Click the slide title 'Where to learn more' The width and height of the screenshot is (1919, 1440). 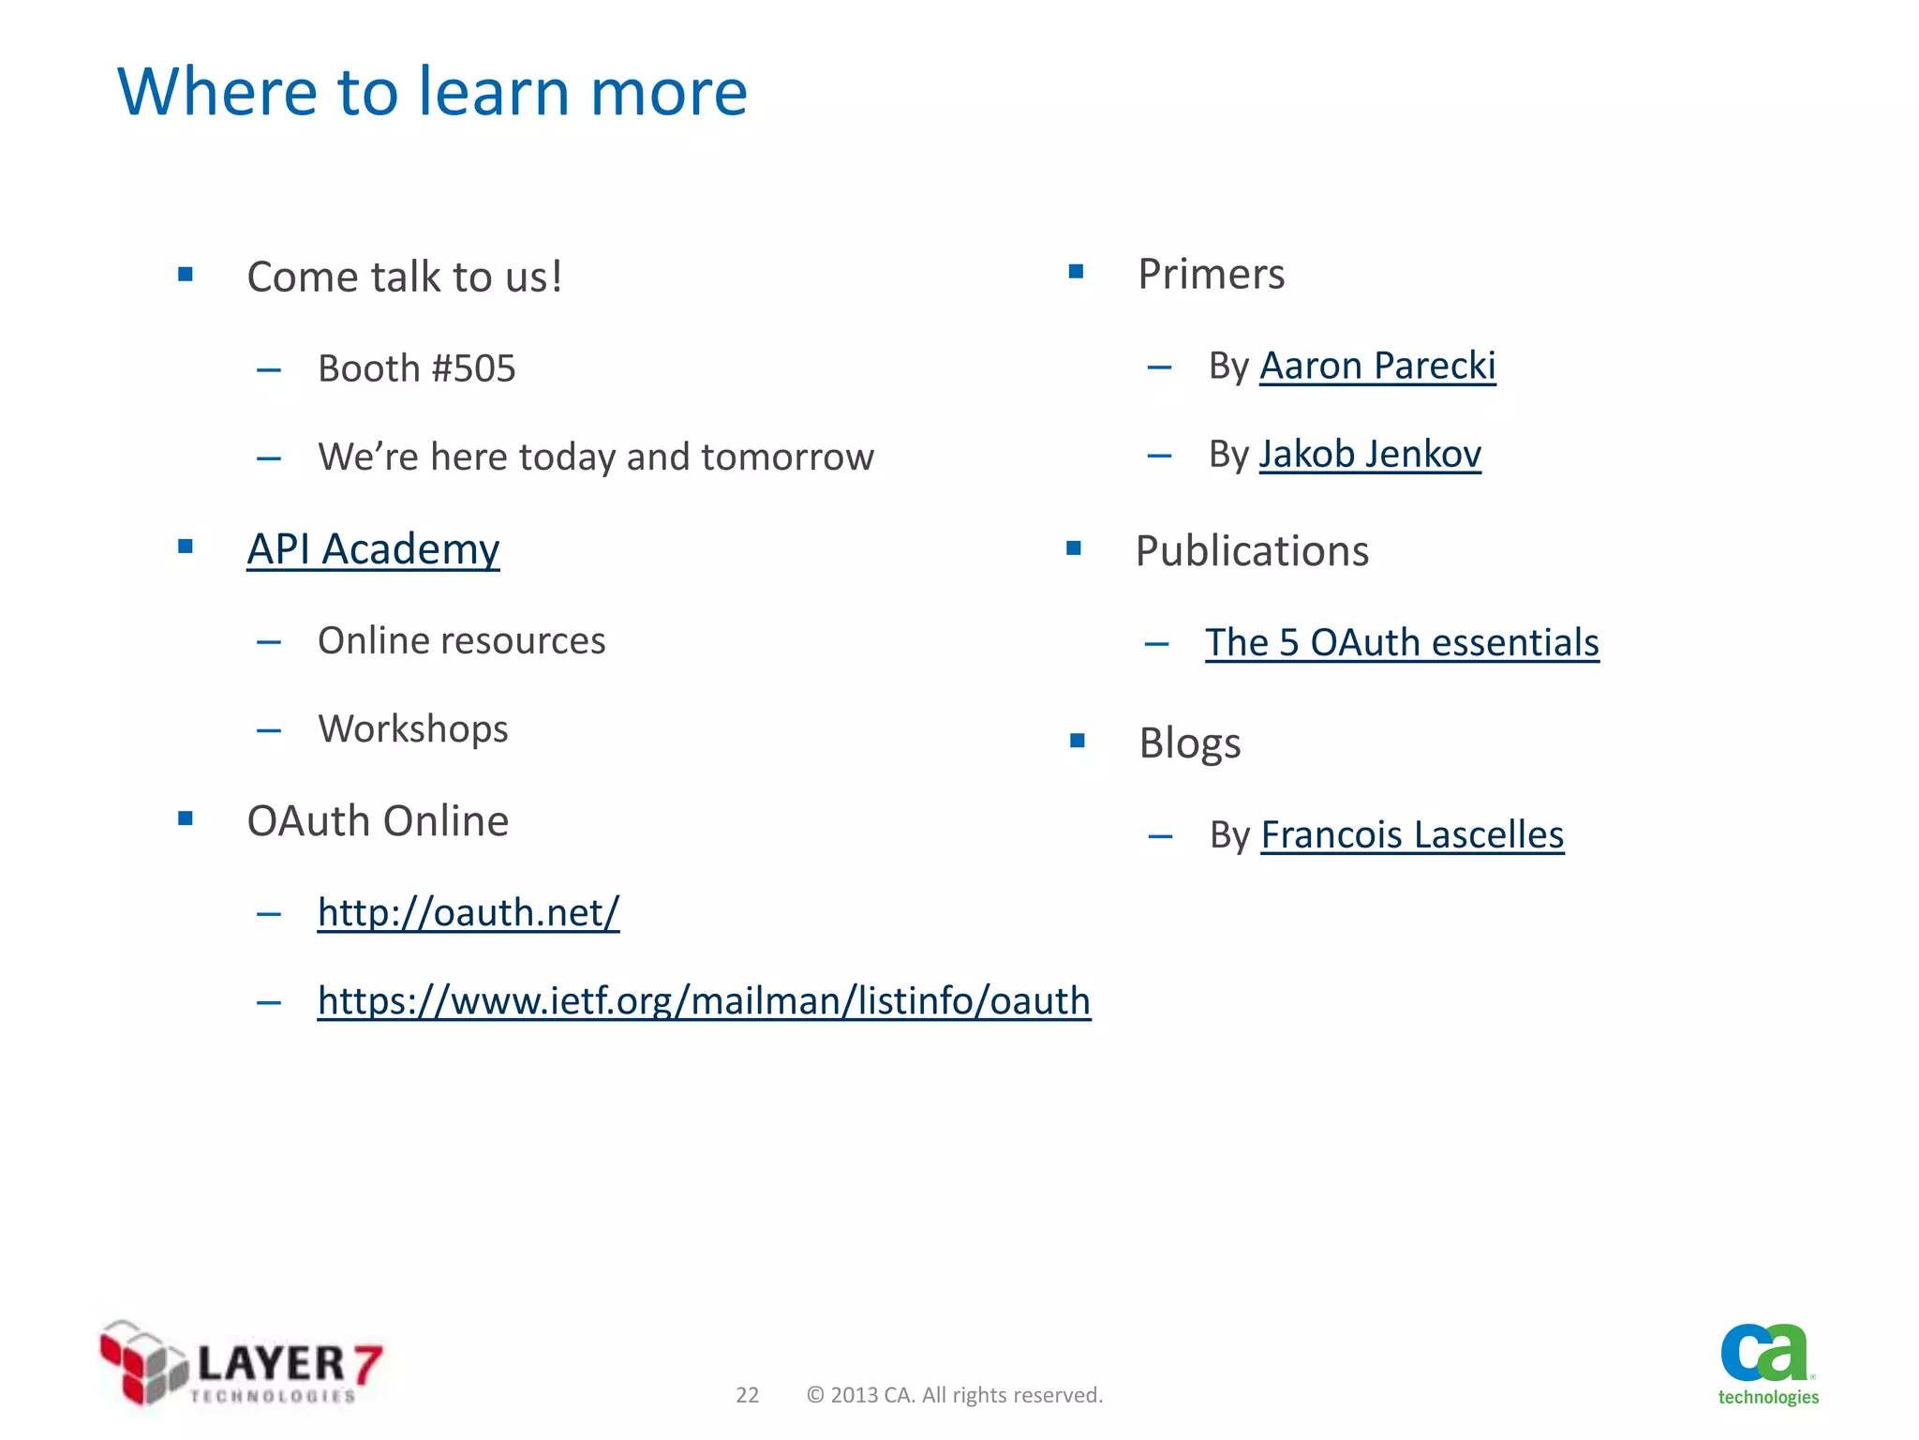pyautogui.click(x=432, y=92)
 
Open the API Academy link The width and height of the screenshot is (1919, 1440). pyautogui.click(x=373, y=549)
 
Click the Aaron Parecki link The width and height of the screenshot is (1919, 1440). pyautogui.click(x=1376, y=366)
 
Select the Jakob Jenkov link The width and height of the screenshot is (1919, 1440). pyautogui.click(x=1369, y=455)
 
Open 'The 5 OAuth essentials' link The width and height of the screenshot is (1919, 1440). pyautogui.click(x=1402, y=643)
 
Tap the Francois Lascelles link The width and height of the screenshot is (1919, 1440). pyautogui.click(x=1412, y=834)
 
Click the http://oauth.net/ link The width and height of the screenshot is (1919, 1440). pyautogui.click(x=469, y=912)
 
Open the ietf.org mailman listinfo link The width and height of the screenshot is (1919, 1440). pyautogui.click(x=704, y=1001)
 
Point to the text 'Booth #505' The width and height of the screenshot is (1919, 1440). pyautogui.click(x=417, y=368)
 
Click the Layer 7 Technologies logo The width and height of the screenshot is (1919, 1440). pyautogui.click(x=241, y=1363)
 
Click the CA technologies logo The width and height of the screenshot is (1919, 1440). pyautogui.click(x=1767, y=1364)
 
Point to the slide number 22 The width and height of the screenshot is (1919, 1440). pyautogui.click(x=747, y=1395)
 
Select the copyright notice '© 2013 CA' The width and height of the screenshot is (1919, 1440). pyautogui.click(x=954, y=1395)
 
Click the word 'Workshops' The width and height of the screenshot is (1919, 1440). pyautogui.click(x=413, y=729)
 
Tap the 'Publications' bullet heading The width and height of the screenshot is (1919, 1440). pyautogui.click(x=1252, y=551)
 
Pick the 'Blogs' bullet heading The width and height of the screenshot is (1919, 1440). pyautogui.click(x=1190, y=743)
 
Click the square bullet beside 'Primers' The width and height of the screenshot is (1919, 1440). pyautogui.click(x=1076, y=273)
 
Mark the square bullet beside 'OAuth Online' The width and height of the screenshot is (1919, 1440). pyautogui.click(x=186, y=819)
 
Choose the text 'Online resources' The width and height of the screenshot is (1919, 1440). pyautogui.click(x=462, y=641)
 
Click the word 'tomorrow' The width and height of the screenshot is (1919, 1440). pyautogui.click(x=787, y=457)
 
